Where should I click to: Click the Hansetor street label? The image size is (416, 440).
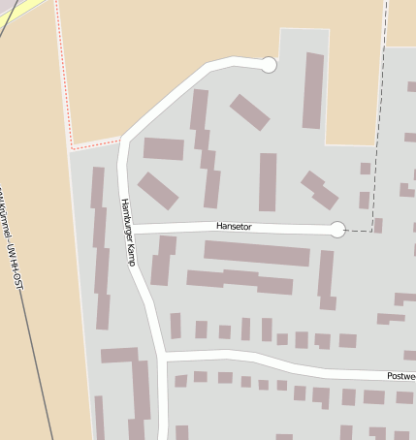pos(233,227)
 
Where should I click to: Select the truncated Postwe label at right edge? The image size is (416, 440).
pos(400,376)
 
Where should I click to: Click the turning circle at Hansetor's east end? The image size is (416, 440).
pos(337,230)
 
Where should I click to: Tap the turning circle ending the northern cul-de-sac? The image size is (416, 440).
pos(270,65)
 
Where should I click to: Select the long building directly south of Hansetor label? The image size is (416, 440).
pos(257,253)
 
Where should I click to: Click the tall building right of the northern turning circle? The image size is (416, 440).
pos(313,91)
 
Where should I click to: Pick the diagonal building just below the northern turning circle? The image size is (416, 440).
pos(250,111)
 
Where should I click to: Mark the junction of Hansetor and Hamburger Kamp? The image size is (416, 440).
pos(131,228)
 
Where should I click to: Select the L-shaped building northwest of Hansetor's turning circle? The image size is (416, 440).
pos(319,190)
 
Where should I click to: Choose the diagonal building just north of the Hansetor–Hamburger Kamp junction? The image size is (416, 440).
pos(158,190)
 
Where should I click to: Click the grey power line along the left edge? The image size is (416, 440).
pos(48,368)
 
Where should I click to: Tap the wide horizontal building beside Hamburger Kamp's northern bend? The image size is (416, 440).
pos(164,149)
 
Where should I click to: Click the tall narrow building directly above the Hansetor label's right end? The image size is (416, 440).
pos(268,181)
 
